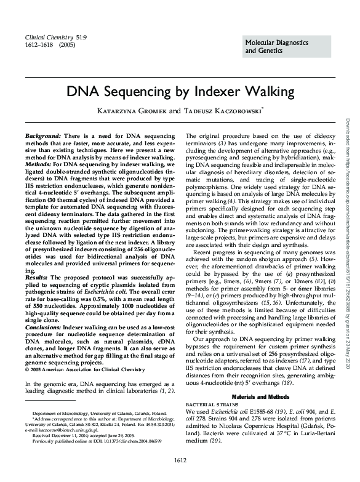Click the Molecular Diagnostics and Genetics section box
click(x=286, y=46)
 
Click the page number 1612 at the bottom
click(x=180, y=459)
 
